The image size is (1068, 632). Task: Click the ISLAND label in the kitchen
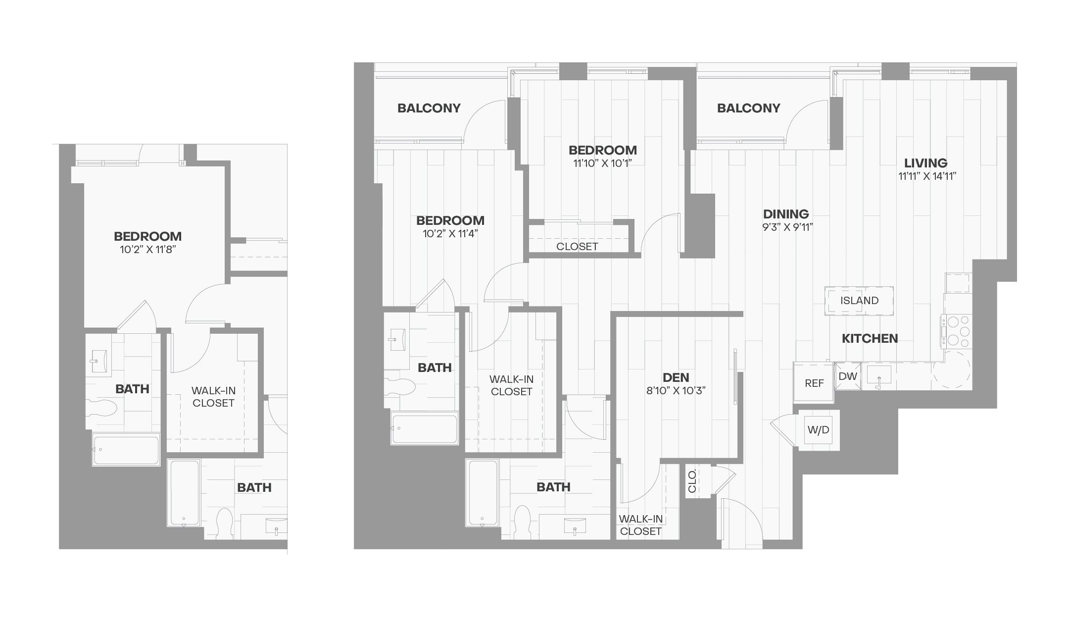tap(859, 301)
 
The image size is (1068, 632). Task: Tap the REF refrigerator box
tap(814, 383)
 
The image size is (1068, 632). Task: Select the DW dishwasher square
tap(848, 376)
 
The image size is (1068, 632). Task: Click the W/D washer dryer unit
tap(818, 430)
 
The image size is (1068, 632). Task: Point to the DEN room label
tap(676, 378)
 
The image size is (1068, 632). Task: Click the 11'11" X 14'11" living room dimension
tap(926, 176)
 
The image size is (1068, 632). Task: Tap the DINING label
tap(786, 214)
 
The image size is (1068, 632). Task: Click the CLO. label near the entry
tap(692, 481)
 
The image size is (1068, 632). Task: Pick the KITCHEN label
tap(870, 339)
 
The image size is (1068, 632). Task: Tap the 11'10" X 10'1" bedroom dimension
tap(602, 163)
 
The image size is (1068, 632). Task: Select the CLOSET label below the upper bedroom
tap(577, 247)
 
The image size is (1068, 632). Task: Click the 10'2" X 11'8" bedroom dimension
tap(148, 249)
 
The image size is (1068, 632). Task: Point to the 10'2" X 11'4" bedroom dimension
tap(450, 233)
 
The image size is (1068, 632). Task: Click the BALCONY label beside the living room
tap(748, 108)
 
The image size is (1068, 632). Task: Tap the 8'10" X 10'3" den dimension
tap(676, 391)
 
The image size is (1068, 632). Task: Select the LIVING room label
tap(925, 163)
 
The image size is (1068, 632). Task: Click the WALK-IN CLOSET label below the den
tap(640, 525)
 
